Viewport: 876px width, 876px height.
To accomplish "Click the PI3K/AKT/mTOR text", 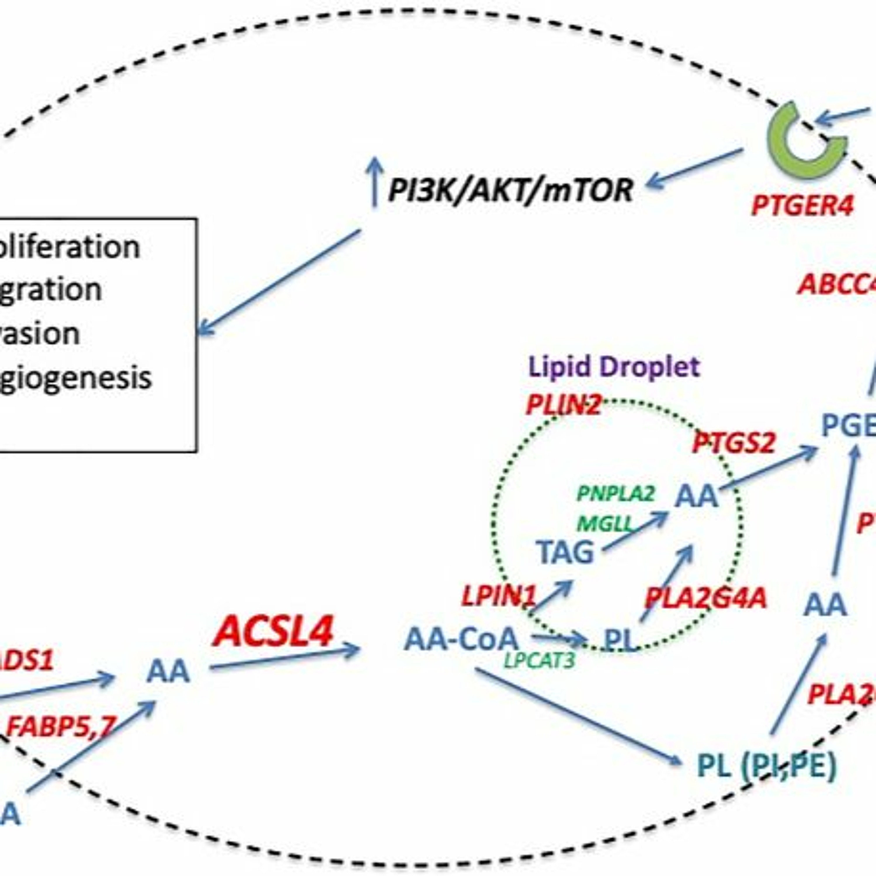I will pyautogui.click(x=510, y=190).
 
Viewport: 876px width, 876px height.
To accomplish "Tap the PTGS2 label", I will pyautogui.click(x=734, y=443).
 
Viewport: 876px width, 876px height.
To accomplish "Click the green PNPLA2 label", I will pyautogui.click(x=615, y=493).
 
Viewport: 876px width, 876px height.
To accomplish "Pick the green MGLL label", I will pyautogui.click(x=604, y=525).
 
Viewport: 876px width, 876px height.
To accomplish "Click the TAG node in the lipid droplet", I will pyautogui.click(x=565, y=552).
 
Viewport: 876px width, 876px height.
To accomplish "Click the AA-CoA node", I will pyautogui.click(x=461, y=639).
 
